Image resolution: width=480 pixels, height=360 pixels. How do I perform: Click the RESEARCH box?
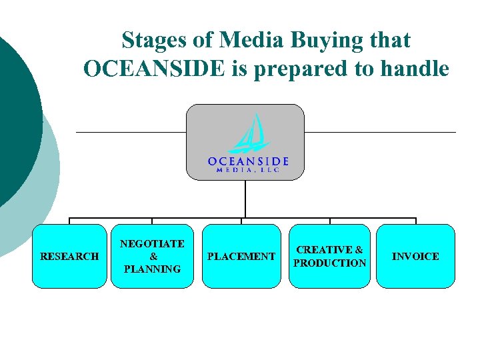click(x=69, y=256)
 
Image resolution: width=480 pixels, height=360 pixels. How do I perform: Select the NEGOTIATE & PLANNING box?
click(x=152, y=256)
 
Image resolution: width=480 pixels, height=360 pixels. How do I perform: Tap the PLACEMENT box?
click(x=241, y=256)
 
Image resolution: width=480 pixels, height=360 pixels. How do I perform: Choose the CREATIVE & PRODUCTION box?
click(x=329, y=256)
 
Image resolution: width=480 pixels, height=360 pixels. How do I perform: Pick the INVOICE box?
click(x=415, y=256)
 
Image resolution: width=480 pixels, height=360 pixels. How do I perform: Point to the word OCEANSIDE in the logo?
click(x=247, y=161)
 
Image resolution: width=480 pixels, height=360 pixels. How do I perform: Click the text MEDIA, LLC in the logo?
click(x=247, y=170)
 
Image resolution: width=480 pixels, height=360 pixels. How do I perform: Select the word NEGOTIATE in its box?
click(x=152, y=244)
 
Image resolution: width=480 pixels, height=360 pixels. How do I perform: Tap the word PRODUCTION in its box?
click(x=330, y=263)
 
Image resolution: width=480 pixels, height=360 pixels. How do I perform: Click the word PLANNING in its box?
click(x=152, y=269)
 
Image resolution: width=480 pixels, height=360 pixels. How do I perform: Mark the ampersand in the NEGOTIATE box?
click(x=153, y=257)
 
